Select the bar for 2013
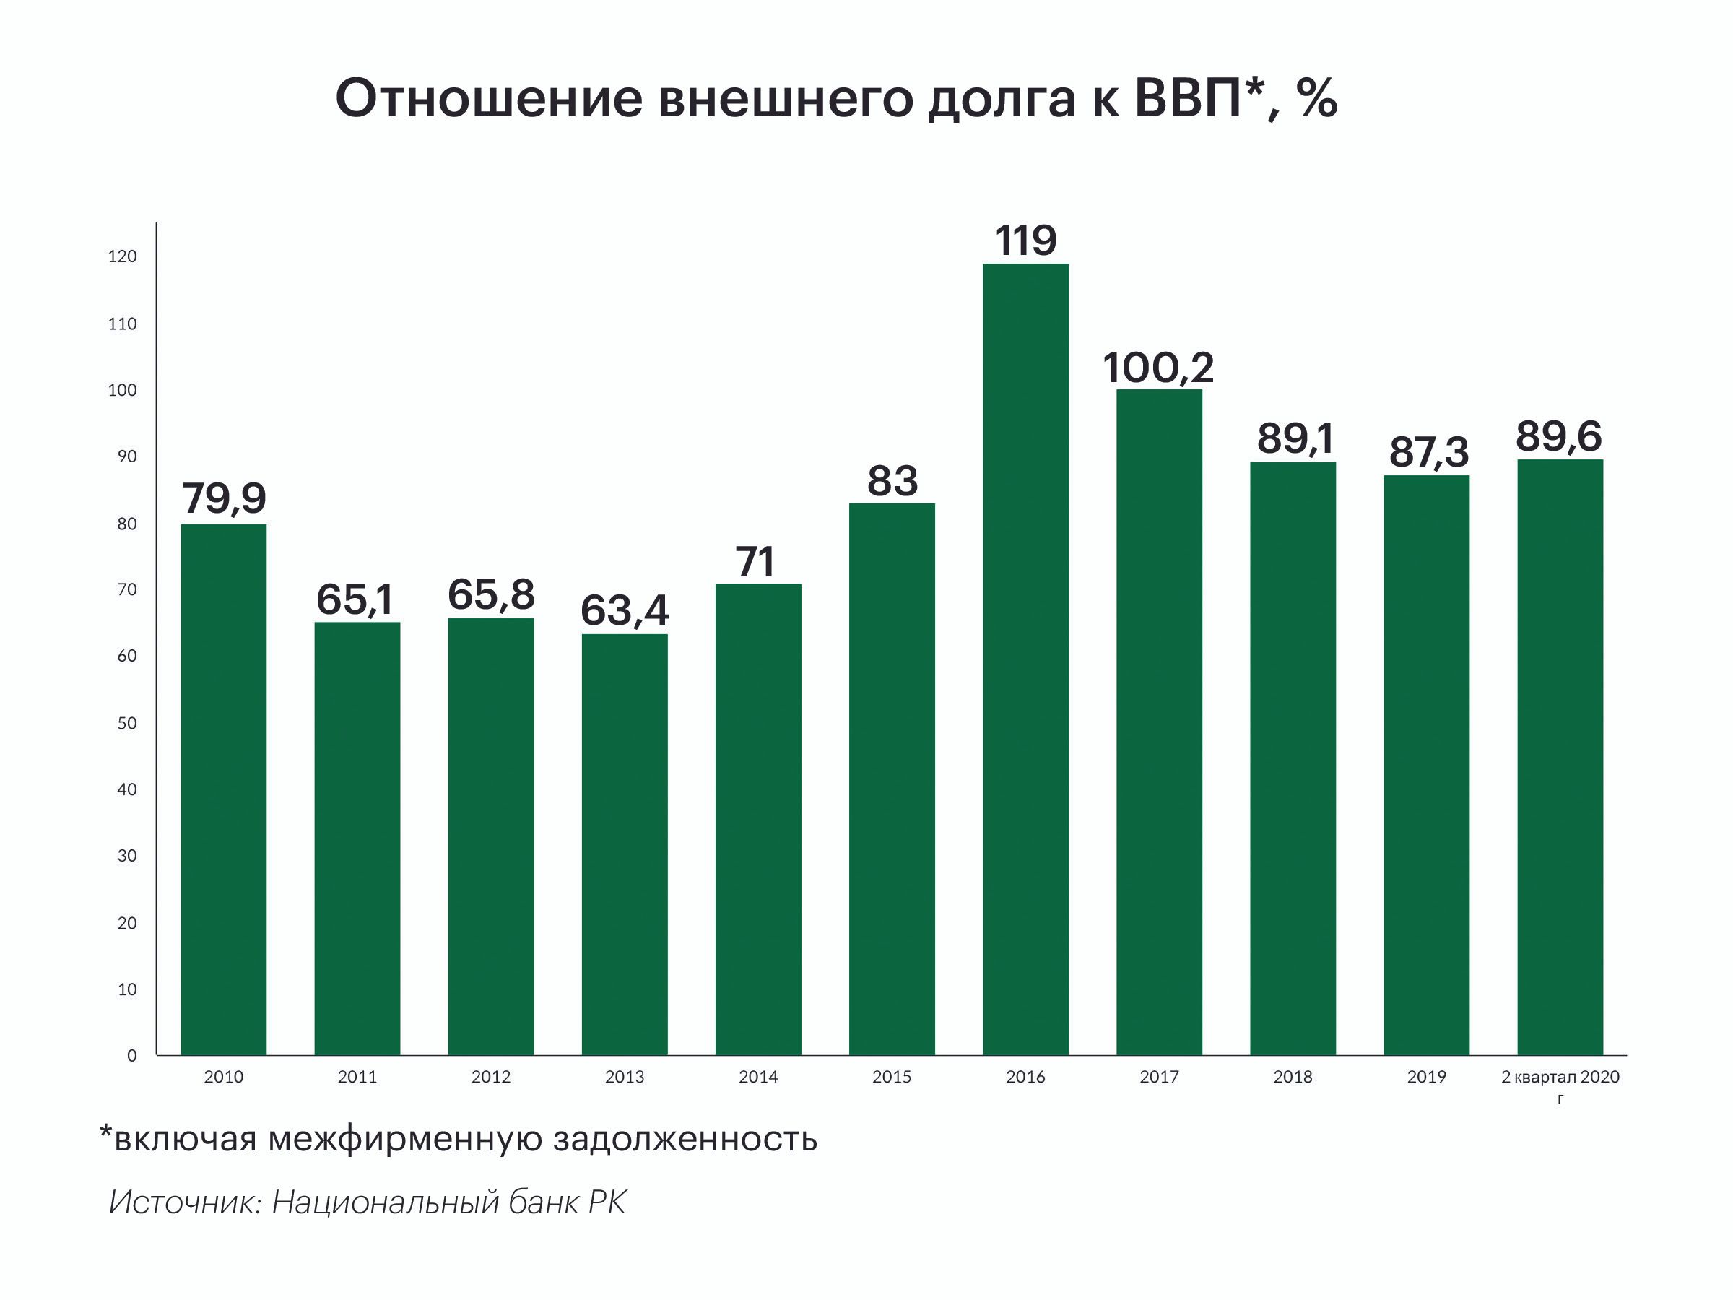click(625, 844)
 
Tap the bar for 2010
click(223, 789)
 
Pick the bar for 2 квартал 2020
click(1560, 757)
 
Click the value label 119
click(1025, 240)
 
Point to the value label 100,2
click(1158, 367)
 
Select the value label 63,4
click(625, 610)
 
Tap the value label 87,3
click(1428, 452)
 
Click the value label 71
click(756, 562)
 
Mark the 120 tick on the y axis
click(122, 256)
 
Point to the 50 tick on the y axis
click(127, 723)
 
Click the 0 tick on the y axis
click(131, 1055)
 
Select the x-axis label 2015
click(892, 1077)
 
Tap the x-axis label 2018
click(1293, 1077)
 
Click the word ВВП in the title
click(1188, 99)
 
